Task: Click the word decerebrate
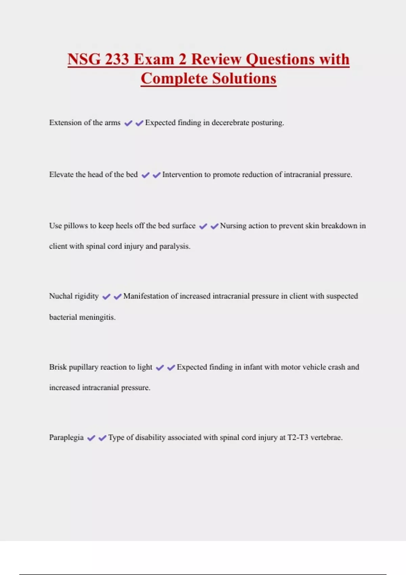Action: coord(230,123)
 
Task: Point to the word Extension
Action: coord(65,123)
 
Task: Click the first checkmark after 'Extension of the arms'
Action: coord(128,123)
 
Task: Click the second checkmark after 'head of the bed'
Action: coord(156,175)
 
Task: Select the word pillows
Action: coord(76,226)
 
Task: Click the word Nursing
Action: coord(233,226)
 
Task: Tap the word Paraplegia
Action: coord(66,438)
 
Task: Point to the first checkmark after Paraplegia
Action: coord(91,438)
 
